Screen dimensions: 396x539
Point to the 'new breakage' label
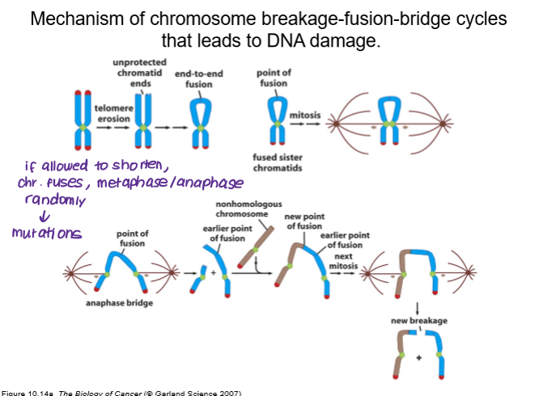coord(418,321)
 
